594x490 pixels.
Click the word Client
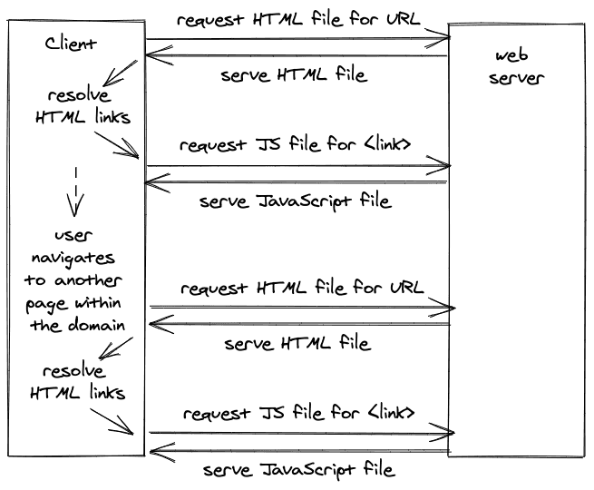click(71, 44)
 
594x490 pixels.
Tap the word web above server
click(511, 55)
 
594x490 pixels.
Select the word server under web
click(516, 78)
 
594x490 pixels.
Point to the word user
click(73, 236)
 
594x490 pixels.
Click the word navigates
click(73, 259)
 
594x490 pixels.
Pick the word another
click(88, 280)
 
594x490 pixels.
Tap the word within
click(98, 303)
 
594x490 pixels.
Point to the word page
click(46, 305)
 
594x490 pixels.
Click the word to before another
click(34, 280)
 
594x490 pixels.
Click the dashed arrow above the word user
click(76, 191)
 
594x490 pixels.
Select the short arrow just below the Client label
click(121, 73)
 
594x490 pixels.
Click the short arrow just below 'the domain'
click(116, 348)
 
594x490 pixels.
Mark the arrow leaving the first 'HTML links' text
click(117, 145)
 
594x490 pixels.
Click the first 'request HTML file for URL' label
click(298, 19)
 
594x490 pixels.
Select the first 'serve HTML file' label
click(294, 74)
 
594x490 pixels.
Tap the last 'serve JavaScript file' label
click(299, 470)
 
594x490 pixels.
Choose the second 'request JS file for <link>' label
click(299, 413)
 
